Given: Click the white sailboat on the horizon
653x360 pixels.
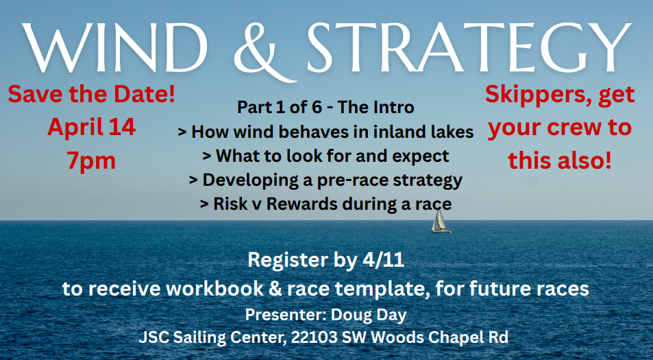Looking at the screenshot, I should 441,221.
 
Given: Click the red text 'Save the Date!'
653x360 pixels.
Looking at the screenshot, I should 91,94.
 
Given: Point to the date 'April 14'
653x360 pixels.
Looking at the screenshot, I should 91,127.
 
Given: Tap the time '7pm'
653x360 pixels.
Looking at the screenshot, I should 91,160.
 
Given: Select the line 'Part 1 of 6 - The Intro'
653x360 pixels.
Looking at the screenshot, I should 325,108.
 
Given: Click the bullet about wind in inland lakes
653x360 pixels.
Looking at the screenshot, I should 325,132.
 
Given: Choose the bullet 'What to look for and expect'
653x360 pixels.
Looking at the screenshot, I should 325,156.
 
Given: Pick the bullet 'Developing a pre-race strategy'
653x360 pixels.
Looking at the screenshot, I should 325,180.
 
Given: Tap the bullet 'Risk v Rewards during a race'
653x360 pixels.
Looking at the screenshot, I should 325,204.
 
